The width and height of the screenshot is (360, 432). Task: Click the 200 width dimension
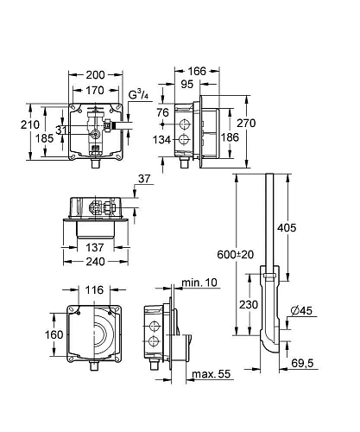[x=95, y=75]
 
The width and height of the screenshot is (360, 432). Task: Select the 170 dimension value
[x=95, y=91]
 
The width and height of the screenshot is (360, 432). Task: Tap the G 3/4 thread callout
[x=138, y=94]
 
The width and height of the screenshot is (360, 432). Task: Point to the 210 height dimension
[x=30, y=124]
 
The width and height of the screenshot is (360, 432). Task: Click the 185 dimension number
[x=44, y=138]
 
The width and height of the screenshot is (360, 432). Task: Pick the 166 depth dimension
[x=197, y=71]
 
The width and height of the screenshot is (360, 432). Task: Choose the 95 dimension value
[x=187, y=84]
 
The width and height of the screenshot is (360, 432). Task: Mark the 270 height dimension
[x=246, y=123]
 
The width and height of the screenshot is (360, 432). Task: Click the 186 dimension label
[x=230, y=137]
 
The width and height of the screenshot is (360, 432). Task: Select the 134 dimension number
[x=161, y=140]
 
